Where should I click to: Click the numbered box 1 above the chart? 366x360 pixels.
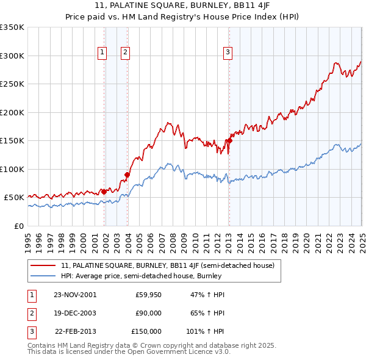101,52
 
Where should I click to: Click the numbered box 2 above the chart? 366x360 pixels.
125,52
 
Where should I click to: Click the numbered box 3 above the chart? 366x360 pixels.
227,52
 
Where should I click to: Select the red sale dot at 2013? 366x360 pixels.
230,140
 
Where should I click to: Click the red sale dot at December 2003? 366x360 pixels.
127,175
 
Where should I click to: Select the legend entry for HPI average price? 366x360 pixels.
140,276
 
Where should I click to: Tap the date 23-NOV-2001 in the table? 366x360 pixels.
74,295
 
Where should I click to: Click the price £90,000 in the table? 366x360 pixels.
148,313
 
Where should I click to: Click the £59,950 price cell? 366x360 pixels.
148,295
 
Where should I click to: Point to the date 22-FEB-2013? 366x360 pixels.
75,331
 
